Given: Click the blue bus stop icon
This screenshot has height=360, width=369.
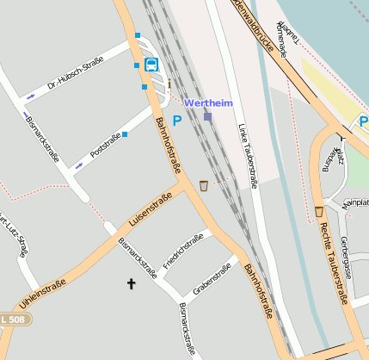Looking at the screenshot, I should [151, 65].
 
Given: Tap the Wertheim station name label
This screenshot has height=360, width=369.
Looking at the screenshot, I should [209, 102].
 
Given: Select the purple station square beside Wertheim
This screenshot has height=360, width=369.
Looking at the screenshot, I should [207, 116].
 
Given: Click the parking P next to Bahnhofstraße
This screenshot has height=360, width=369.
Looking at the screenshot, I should [177, 121].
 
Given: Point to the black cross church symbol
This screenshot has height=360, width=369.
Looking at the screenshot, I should [132, 283].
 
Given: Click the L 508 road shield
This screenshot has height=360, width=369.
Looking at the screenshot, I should [16, 320].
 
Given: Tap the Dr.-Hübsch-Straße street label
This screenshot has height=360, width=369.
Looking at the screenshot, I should [76, 72].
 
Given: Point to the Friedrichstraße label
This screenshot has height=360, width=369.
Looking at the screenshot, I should [182, 250].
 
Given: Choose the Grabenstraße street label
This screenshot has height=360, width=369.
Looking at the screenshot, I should [212, 282].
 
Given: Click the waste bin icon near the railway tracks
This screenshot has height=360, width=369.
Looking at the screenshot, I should [204, 185].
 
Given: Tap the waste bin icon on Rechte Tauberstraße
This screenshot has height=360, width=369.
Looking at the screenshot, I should [319, 211].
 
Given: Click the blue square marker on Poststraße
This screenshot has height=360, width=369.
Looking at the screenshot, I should [125, 134].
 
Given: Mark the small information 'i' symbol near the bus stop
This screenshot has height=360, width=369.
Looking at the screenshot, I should [169, 84].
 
